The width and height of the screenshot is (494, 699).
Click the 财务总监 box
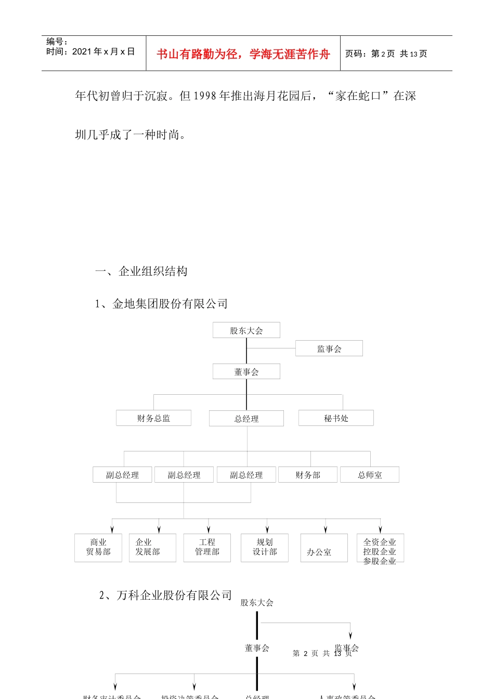tap(153, 418)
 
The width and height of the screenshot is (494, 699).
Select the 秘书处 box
tap(336, 418)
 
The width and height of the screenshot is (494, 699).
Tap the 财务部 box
tap(308, 475)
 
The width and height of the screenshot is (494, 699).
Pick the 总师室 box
tap(370, 475)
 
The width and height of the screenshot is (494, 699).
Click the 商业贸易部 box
tap(98, 548)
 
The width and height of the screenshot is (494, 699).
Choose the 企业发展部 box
tap(152, 548)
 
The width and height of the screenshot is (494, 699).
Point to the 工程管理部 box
tap(207, 548)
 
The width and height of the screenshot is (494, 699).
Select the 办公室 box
tap(323, 548)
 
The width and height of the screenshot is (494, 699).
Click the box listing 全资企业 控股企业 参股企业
tap(380, 548)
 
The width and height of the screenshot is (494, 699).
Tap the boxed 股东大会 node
tap(246, 330)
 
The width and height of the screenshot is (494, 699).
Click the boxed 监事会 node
tap(329, 348)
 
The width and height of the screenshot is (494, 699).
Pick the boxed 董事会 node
tap(246, 371)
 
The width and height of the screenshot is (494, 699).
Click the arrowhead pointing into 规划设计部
tap(267, 529)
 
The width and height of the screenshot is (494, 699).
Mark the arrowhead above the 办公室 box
tap(326, 529)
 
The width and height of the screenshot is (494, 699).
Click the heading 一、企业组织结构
tap(141, 271)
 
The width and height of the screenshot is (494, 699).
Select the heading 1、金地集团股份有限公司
tap(161, 304)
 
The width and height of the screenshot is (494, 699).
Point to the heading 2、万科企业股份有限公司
tap(165, 595)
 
